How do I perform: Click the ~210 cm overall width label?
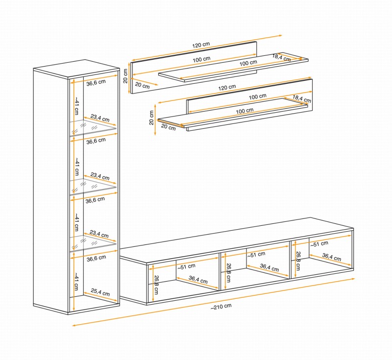221,306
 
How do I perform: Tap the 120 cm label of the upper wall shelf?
201,45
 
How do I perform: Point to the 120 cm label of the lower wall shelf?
227,87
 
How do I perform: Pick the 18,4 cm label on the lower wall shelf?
302,98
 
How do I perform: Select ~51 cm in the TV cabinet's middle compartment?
256,254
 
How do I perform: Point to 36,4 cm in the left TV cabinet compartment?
197,281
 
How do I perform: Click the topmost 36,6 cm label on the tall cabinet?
96,82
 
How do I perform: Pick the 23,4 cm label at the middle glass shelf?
100,178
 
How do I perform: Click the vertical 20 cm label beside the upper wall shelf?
126,76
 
